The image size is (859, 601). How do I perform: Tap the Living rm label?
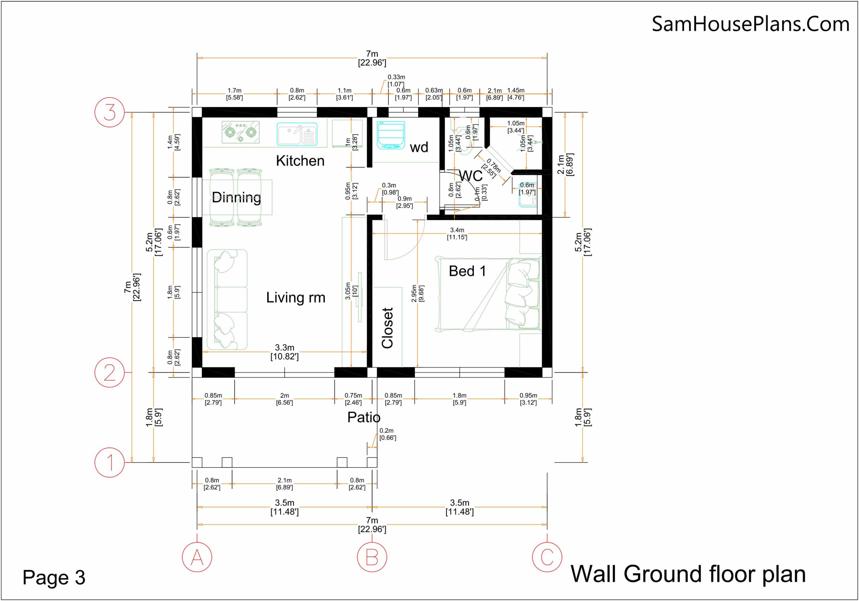(296, 298)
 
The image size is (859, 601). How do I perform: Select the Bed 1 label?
(467, 271)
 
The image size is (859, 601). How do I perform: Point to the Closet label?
(387, 328)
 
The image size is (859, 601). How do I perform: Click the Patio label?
(364, 417)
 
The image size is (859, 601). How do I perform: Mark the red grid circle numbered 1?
(110, 462)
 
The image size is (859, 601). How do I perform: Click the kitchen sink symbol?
(297, 134)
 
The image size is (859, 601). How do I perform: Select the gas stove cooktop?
(241, 132)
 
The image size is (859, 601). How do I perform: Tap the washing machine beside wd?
(391, 135)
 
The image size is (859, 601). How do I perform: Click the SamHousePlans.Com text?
(751, 24)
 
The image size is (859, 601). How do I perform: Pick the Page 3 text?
(54, 577)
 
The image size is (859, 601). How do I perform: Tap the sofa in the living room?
(227, 299)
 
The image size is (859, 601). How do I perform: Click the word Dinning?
(237, 197)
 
